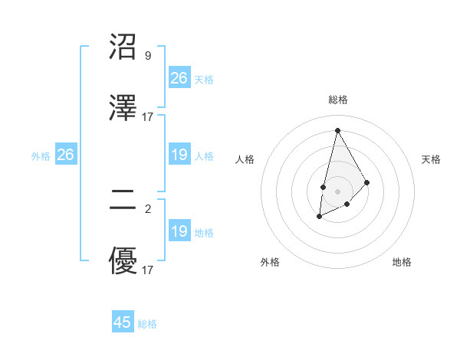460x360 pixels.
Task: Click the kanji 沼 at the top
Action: pyautogui.click(x=124, y=47)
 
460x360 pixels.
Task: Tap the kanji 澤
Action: pyautogui.click(x=124, y=109)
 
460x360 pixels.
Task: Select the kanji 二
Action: pyautogui.click(x=124, y=201)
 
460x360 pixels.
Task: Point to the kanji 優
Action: pyautogui.click(x=124, y=262)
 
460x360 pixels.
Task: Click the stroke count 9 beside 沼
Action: pyautogui.click(x=147, y=55)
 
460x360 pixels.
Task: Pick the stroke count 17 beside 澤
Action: pyautogui.click(x=148, y=117)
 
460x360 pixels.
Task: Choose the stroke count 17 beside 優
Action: pyautogui.click(x=148, y=270)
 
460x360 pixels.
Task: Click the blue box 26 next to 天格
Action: pyautogui.click(x=179, y=78)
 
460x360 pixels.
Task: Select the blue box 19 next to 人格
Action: pyautogui.click(x=179, y=155)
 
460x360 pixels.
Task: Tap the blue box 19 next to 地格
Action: pyautogui.click(x=179, y=232)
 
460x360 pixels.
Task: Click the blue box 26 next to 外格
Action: pyautogui.click(x=65, y=155)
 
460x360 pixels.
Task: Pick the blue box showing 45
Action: pyautogui.click(x=123, y=322)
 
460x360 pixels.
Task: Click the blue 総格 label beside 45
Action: pyautogui.click(x=148, y=324)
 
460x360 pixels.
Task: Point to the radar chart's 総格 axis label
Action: pyautogui.click(x=337, y=100)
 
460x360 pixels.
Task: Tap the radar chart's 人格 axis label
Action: pyautogui.click(x=245, y=159)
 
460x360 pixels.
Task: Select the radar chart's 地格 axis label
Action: pyautogui.click(x=402, y=262)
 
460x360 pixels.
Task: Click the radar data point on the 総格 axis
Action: pyautogui.click(x=337, y=130)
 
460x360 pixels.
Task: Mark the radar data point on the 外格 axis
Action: pyautogui.click(x=320, y=218)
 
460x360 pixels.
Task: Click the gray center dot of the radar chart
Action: pyautogui.click(x=337, y=190)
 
